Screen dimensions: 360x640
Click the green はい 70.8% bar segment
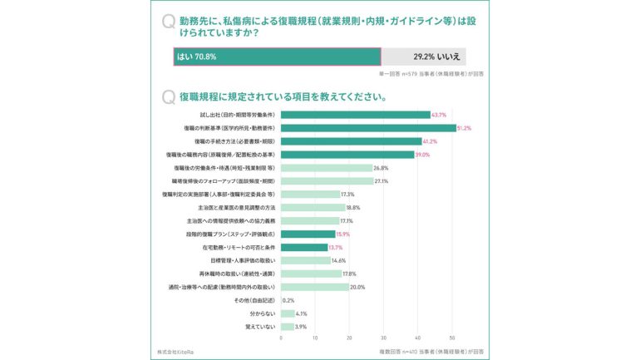pos(277,57)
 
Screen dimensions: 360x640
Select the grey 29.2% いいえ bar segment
pos(423,57)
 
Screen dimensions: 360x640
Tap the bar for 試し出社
pos(355,115)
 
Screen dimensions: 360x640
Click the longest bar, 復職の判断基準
pos(368,128)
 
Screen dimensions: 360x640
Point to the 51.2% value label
pos(464,128)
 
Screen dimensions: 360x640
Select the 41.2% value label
pos(431,141)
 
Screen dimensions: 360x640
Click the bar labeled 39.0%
pos(347,155)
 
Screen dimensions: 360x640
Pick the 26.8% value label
pos(382,168)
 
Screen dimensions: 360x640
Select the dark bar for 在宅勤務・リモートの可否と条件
pos(304,248)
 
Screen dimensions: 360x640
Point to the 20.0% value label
pos(358,288)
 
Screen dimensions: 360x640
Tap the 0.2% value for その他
pos(289,301)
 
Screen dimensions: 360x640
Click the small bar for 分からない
pos(288,314)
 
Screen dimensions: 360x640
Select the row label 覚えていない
pos(259,328)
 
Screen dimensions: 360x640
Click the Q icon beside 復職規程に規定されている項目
pos(170,96)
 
